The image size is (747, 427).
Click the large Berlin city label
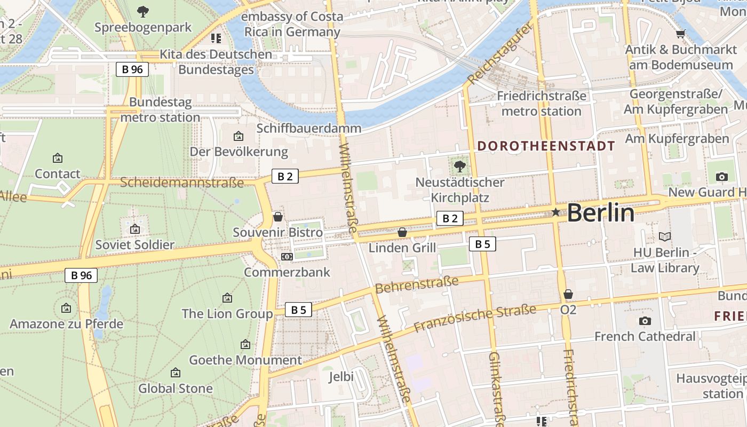(x=600, y=213)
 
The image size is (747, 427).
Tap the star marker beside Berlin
(x=555, y=212)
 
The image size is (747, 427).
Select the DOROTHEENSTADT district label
(x=546, y=146)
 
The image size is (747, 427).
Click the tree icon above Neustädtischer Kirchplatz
(x=459, y=166)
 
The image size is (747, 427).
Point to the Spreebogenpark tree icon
(x=142, y=11)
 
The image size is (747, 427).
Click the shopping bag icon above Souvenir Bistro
(x=277, y=217)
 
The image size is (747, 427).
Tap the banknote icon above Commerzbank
(x=287, y=257)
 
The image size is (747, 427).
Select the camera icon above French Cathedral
(x=645, y=321)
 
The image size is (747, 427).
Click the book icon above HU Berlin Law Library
(x=664, y=236)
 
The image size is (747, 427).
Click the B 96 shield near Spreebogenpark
(x=132, y=69)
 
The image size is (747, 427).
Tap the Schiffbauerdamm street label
(x=308, y=129)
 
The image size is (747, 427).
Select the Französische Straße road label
(x=475, y=318)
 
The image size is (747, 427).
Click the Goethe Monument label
(x=245, y=360)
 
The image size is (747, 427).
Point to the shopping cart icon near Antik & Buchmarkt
(x=680, y=34)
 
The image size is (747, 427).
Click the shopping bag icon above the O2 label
(x=568, y=294)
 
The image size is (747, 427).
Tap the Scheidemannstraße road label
(x=181, y=183)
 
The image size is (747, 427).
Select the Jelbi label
(x=341, y=377)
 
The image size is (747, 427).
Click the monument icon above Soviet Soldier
(x=135, y=229)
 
